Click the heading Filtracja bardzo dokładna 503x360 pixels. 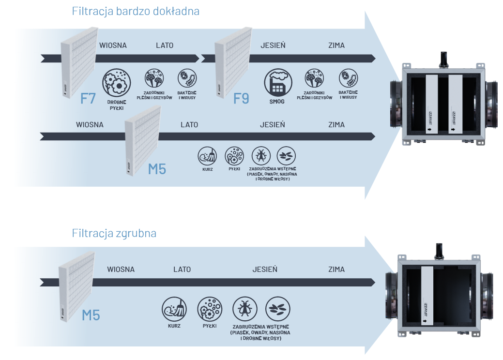[136, 11]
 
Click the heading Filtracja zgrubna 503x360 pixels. [114, 233]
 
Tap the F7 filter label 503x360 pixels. [88, 98]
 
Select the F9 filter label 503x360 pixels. [241, 98]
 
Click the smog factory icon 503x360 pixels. [278, 82]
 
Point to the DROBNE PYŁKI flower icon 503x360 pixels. [117, 82]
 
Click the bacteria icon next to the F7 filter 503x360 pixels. [187, 78]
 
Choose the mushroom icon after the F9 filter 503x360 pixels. [314, 78]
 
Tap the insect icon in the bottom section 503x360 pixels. [245, 309]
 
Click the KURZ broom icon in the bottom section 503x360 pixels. [174, 309]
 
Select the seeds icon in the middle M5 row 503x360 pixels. [286, 156]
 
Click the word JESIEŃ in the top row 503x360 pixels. [273, 45]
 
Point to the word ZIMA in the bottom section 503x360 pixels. [336, 270]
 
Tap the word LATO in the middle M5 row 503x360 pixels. [189, 125]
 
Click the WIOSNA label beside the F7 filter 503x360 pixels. [113, 45]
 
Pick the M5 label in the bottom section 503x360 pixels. [91, 315]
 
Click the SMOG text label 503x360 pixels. [277, 101]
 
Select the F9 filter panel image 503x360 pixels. [233, 62]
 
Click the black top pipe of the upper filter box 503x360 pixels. [443, 60]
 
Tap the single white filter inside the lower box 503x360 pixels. [427, 296]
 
